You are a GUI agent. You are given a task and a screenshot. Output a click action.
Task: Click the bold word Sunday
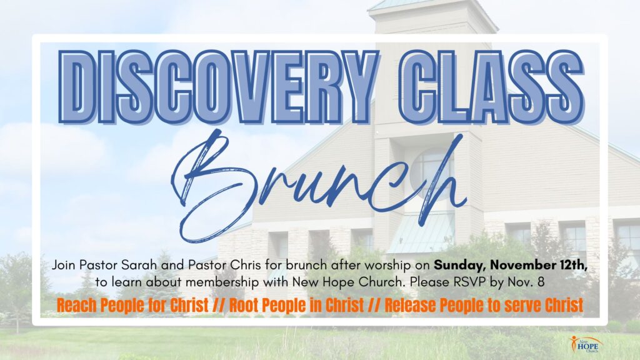tap(460, 265)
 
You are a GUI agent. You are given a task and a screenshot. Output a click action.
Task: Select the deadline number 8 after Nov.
tap(541, 282)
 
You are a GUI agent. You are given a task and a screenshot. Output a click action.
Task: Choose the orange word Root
tap(244, 305)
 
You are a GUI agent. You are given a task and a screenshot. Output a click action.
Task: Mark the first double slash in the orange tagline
tap(219, 305)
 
